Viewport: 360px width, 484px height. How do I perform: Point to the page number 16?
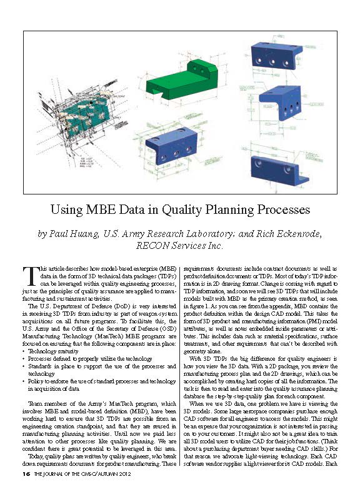26,474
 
